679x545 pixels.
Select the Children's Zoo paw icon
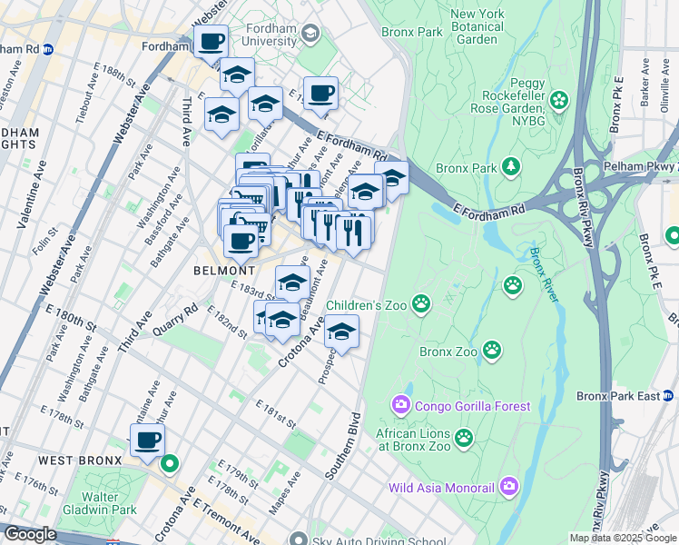(x=421, y=302)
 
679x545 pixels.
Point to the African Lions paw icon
(x=465, y=439)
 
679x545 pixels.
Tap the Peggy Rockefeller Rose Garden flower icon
(x=559, y=99)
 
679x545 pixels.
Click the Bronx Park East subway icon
(x=667, y=395)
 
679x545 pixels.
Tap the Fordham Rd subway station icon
(x=47, y=48)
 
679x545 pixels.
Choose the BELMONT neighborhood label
(x=223, y=271)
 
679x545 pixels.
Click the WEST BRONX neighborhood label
(x=80, y=461)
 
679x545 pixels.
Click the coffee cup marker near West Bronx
(x=148, y=441)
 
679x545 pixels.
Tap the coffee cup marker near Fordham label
(x=211, y=41)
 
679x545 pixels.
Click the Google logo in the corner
(x=30, y=534)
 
